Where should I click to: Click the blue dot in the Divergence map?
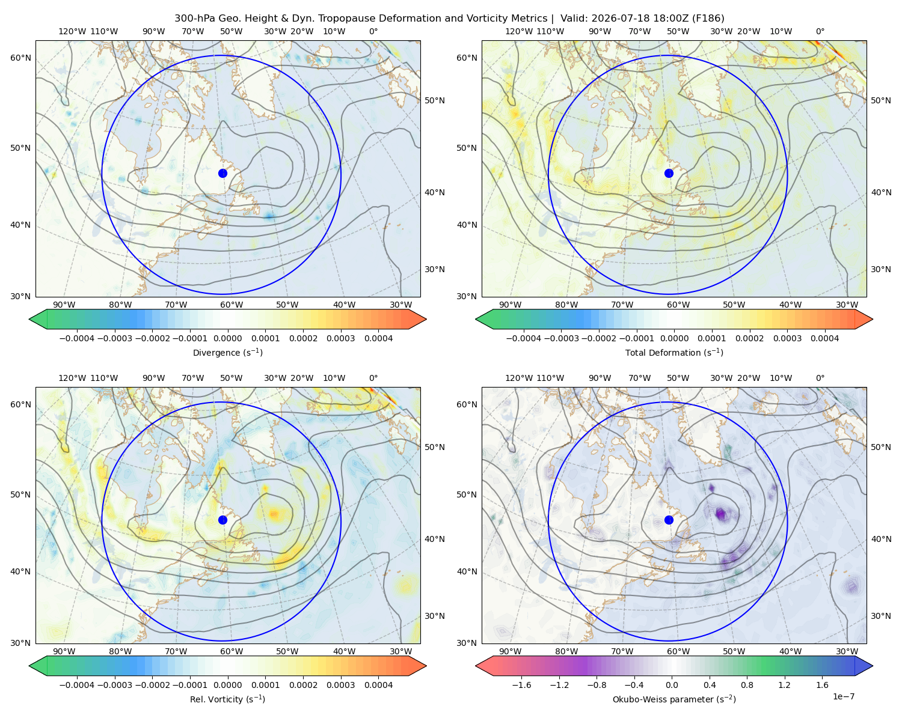coord(222,173)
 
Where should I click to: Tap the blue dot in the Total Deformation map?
coord(669,173)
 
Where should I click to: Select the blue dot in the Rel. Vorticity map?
coord(222,520)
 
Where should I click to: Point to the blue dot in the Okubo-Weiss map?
coord(669,520)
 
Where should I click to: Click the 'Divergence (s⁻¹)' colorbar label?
coord(227,352)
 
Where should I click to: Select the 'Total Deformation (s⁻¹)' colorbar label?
coord(674,352)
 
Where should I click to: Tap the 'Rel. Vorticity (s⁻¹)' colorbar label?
coord(227,699)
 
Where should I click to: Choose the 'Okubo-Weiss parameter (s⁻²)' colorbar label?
coord(674,699)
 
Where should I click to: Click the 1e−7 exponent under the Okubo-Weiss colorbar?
coord(843,696)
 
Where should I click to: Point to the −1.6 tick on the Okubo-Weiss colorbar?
coord(521,685)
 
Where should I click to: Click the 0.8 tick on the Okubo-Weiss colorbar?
coord(747,685)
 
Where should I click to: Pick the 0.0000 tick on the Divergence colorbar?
coord(227,338)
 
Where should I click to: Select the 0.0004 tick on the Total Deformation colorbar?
coord(824,338)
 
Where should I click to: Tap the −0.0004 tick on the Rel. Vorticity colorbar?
coord(77,685)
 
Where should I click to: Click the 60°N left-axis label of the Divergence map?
coord(20,58)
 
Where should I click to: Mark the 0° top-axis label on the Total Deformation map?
coord(820,31)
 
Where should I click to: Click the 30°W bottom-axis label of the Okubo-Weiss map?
coord(847,651)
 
